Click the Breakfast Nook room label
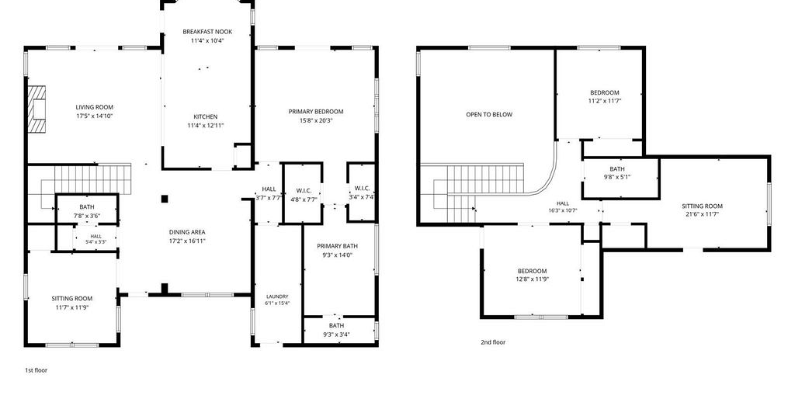click(x=207, y=31)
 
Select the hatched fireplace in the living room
click(x=36, y=109)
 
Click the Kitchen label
click(x=205, y=116)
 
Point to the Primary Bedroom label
click(x=316, y=112)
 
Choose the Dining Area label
click(x=187, y=232)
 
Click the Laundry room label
click(x=277, y=296)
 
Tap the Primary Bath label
click(x=337, y=246)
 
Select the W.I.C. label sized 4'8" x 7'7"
click(x=304, y=190)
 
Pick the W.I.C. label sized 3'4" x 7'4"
click(x=362, y=189)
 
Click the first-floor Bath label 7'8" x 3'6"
click(x=87, y=206)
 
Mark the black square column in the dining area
click(x=165, y=199)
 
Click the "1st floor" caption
click(x=36, y=370)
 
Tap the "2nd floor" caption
click(x=493, y=342)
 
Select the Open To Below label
click(x=489, y=115)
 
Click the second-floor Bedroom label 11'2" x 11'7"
click(x=604, y=92)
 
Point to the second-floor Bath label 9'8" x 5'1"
click(x=617, y=168)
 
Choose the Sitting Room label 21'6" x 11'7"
click(x=702, y=206)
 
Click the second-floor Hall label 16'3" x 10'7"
click(x=563, y=203)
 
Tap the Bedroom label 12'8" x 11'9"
click(x=533, y=271)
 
